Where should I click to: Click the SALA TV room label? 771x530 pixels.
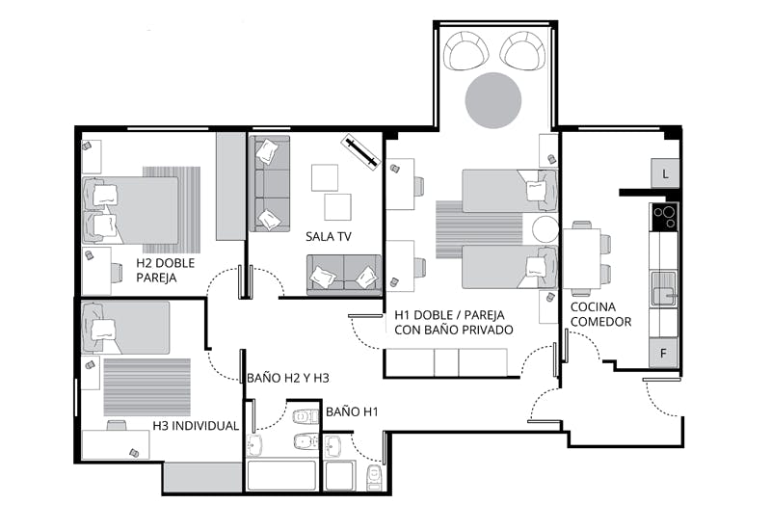[x=329, y=236]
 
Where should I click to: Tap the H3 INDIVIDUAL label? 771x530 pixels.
[x=196, y=426]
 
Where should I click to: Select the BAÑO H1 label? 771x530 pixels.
[x=352, y=411]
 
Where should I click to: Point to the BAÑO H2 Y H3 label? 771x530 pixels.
[x=287, y=378]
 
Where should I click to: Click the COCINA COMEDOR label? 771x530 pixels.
[x=600, y=314]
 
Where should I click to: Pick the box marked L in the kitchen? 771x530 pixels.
[x=665, y=173]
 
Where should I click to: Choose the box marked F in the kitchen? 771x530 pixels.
[x=663, y=353]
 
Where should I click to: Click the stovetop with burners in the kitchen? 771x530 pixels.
[x=664, y=217]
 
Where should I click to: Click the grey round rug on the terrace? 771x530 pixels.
[x=493, y=100]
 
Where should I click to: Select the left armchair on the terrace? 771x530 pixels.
[x=465, y=50]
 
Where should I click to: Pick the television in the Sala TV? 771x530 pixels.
[x=360, y=152]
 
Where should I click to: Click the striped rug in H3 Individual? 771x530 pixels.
[x=147, y=387]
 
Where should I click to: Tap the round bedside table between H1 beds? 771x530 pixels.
[x=545, y=229]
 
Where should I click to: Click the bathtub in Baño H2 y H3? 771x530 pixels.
[x=281, y=475]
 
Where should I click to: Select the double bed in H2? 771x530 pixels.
[x=130, y=210]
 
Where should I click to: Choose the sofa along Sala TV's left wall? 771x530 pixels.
[x=270, y=183]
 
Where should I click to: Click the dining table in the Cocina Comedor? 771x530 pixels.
[x=582, y=258]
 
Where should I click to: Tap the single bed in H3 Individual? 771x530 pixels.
[x=126, y=328]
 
